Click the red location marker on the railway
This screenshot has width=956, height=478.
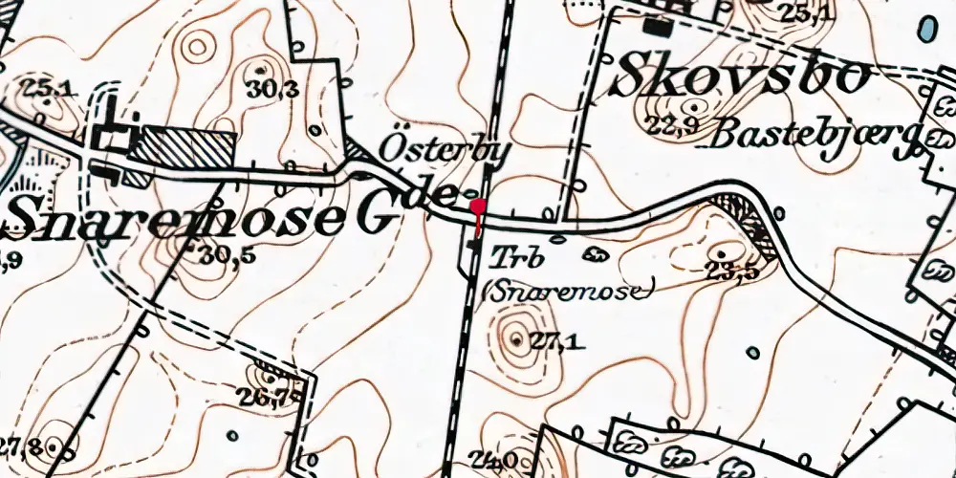coord(478,206)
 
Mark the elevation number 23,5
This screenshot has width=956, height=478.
coord(731,271)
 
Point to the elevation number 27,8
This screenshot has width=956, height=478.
coord(23,445)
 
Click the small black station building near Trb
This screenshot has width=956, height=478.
coord(474,249)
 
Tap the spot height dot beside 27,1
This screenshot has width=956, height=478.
coord(517,339)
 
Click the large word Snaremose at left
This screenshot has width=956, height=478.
coord(172,218)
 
